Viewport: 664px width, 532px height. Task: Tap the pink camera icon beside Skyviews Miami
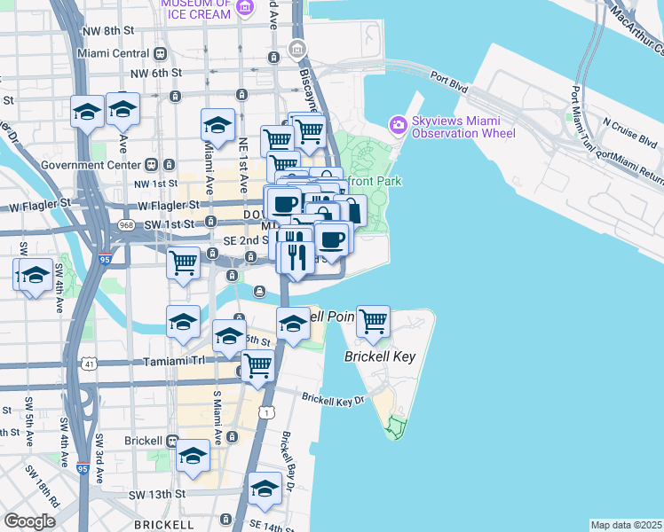(x=398, y=123)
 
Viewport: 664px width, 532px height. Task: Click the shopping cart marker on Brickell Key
(x=374, y=322)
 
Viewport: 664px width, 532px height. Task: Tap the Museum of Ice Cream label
(x=200, y=7)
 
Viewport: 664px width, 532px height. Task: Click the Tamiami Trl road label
(x=173, y=362)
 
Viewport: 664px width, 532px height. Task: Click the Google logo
(x=29, y=521)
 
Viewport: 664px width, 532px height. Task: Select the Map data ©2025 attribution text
(x=626, y=525)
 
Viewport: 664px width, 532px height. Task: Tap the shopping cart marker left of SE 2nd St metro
(x=183, y=262)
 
